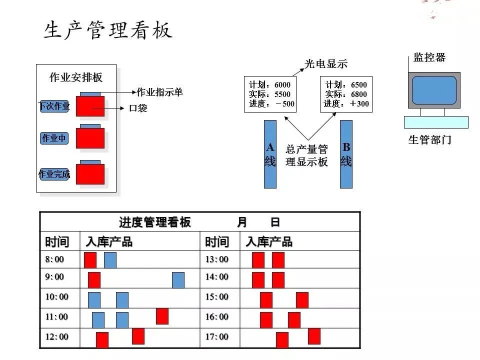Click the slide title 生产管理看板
click(x=108, y=30)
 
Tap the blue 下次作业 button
click(x=54, y=106)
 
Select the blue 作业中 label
click(x=54, y=138)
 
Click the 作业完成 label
click(x=54, y=174)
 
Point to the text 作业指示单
click(x=159, y=92)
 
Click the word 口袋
click(x=138, y=108)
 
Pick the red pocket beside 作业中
click(x=90, y=138)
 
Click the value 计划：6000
click(x=269, y=85)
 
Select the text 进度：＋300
click(x=346, y=104)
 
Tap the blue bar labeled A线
click(x=270, y=154)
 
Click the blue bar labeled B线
click(x=346, y=154)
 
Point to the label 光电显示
click(x=326, y=64)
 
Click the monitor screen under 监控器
click(x=434, y=90)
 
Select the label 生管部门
click(x=430, y=140)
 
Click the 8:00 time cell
click(x=55, y=259)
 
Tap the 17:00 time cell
click(x=216, y=337)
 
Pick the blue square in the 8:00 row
click(x=110, y=260)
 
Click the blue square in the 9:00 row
click(x=178, y=280)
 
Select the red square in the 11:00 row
click(x=162, y=316)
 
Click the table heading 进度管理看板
click(x=155, y=222)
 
